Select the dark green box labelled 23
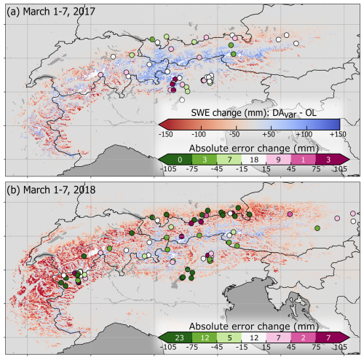[176, 338]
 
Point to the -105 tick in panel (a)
[170, 171]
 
